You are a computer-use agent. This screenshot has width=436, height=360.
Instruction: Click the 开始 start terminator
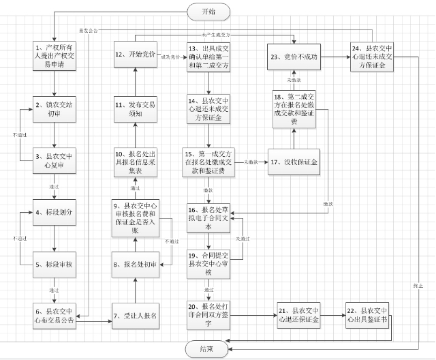pyautogui.click(x=210, y=12)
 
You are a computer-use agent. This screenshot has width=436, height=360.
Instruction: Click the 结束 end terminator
pyautogui.click(x=210, y=348)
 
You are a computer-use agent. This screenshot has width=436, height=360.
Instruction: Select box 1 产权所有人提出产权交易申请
pyautogui.click(x=53, y=52)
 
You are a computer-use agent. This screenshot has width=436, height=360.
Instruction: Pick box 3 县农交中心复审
pyautogui.click(x=53, y=158)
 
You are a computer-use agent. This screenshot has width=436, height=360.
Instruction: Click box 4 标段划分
pyautogui.click(x=53, y=211)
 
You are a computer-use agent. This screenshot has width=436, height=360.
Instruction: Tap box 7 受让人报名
pyautogui.click(x=136, y=316)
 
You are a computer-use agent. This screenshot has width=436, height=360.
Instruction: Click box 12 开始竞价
pyautogui.click(x=136, y=54)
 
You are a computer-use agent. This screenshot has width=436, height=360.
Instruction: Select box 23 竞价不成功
pyautogui.click(x=294, y=57)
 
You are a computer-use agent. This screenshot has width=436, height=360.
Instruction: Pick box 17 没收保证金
pyautogui.click(x=294, y=162)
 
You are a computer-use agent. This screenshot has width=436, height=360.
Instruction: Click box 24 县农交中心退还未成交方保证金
pyautogui.click(x=373, y=57)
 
